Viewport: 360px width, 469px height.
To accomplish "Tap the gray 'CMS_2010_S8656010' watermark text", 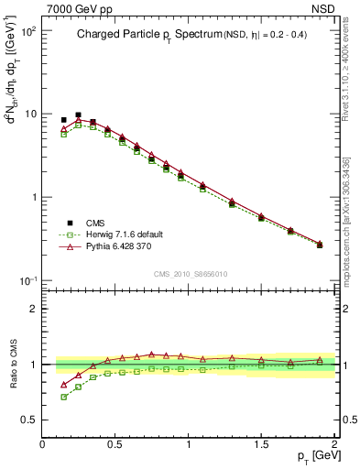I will coord(190,273).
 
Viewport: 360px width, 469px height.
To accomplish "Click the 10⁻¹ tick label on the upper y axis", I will coord(27,280).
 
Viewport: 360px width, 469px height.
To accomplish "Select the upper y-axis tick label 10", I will coord(29,115).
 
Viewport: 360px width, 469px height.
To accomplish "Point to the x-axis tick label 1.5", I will coord(261,444).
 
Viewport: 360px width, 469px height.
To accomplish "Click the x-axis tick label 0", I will coord(43,444).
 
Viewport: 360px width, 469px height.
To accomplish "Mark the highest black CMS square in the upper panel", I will coord(78,115).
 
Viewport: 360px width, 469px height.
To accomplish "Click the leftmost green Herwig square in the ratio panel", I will coord(63,397).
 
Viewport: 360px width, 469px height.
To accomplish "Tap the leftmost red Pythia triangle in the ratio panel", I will coord(63,385).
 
